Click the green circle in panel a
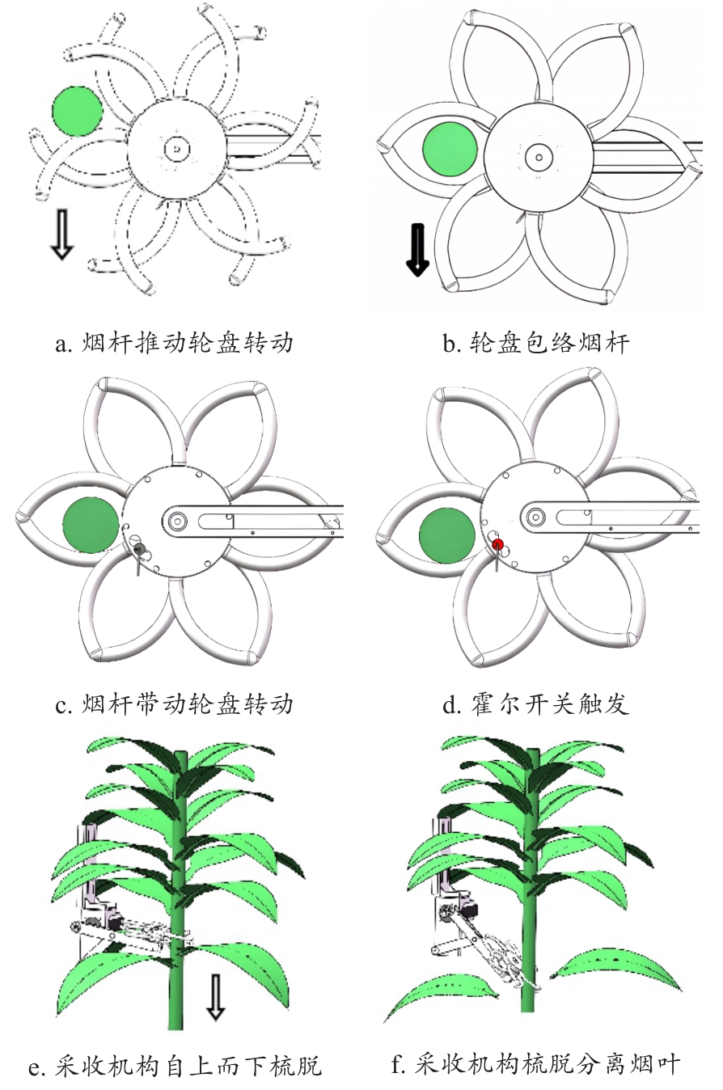click(x=78, y=111)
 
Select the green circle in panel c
click(x=91, y=525)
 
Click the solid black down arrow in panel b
click(x=417, y=251)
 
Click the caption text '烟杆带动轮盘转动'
click(x=188, y=704)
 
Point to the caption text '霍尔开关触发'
click(x=550, y=704)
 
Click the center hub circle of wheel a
click(x=175, y=150)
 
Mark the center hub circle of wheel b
click(x=536, y=156)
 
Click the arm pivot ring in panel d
click(x=535, y=516)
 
